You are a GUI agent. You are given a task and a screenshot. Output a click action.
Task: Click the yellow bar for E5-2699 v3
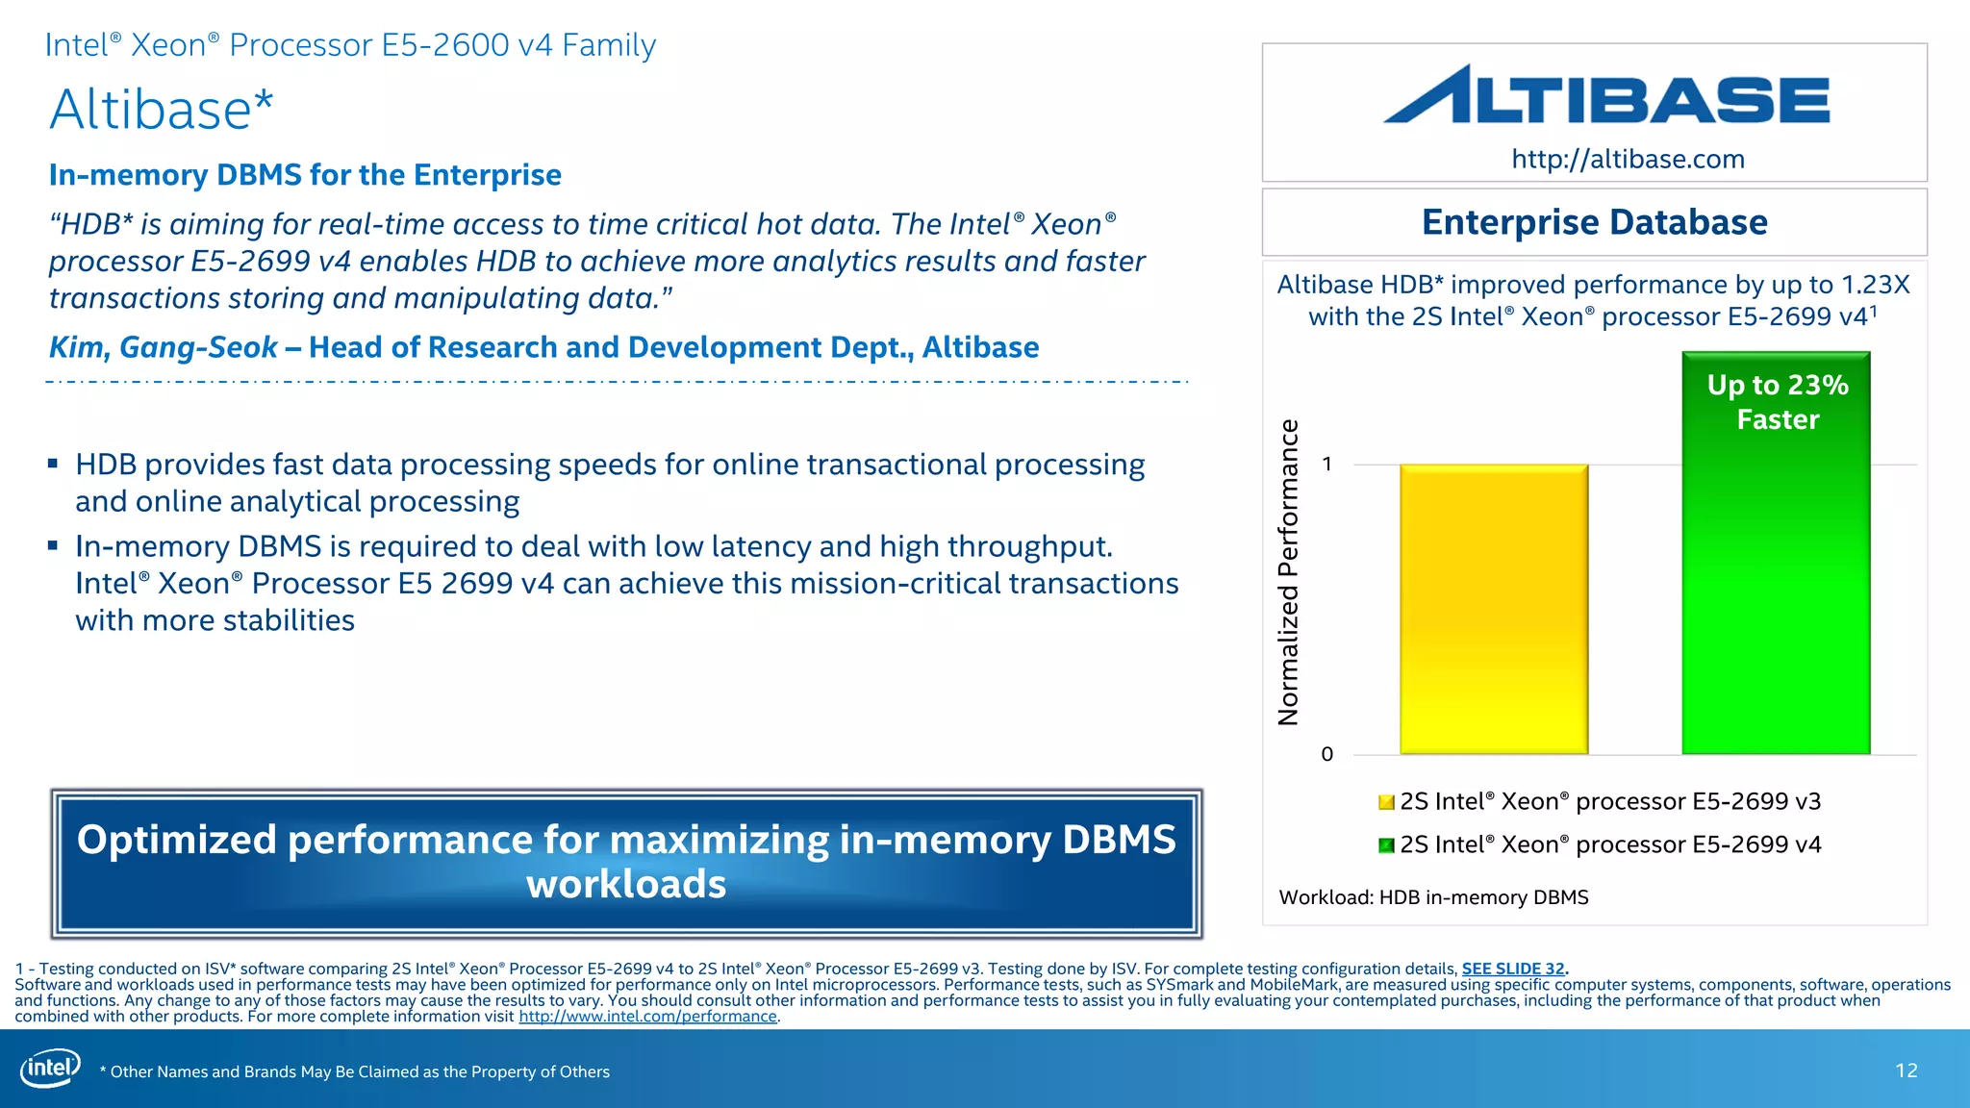pos(1494,609)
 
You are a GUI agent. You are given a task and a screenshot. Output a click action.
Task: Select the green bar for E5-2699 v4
pos(1776,596)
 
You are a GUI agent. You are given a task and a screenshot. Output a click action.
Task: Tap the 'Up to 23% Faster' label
pos(1778,402)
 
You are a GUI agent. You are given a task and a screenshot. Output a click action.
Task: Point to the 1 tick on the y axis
pos(1327,465)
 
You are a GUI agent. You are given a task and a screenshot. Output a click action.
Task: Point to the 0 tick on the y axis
pos(1327,754)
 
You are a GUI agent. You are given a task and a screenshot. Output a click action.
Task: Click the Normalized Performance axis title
pos(1288,572)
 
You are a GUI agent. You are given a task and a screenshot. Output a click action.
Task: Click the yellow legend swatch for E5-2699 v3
pos(1386,802)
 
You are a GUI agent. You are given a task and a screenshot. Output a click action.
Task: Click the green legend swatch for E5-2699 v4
pos(1386,845)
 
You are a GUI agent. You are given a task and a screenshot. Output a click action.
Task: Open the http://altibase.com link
pos(1628,159)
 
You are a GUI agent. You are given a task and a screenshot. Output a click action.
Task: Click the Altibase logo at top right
pos(1606,95)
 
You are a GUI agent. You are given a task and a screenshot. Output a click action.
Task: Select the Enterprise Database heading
pos(1594,222)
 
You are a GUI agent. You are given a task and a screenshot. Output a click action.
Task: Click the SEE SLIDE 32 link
pos(1513,969)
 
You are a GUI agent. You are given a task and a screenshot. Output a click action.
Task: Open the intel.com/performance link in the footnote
pos(647,1017)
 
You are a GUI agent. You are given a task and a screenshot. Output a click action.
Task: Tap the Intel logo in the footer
pos(50,1068)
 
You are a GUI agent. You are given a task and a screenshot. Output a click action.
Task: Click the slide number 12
pos(1906,1070)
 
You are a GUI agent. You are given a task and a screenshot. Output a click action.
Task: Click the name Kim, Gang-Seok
pos(163,347)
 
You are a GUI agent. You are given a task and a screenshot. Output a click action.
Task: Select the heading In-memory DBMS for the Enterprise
pos(305,175)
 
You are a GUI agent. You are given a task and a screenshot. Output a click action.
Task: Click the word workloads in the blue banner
pos(626,884)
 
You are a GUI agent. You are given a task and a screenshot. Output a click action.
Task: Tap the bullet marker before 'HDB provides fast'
pos(53,465)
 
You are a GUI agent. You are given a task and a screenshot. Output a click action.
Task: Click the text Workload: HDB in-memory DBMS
pos(1433,897)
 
